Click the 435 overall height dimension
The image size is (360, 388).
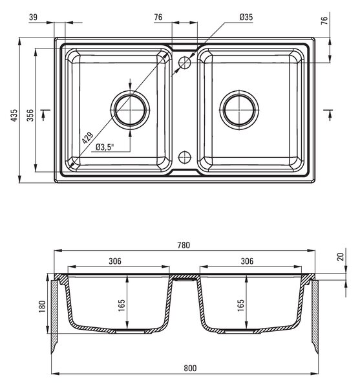click(14, 115)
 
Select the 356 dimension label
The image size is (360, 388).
click(30, 115)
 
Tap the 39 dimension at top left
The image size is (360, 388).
click(33, 17)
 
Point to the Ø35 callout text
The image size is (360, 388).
click(246, 17)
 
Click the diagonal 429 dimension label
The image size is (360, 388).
click(87, 138)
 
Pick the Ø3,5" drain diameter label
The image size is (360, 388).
click(105, 147)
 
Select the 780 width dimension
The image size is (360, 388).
click(184, 245)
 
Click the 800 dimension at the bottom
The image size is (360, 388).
click(190, 368)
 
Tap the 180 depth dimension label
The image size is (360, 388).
click(42, 307)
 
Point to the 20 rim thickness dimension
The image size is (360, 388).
click(341, 256)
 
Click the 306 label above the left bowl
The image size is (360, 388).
click(115, 261)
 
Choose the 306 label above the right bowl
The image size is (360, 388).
click(247, 261)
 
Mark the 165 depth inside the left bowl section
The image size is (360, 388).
click(122, 305)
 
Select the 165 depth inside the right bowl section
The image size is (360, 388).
click(240, 305)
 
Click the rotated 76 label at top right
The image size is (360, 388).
click(324, 20)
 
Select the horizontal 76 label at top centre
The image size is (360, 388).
click(158, 17)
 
